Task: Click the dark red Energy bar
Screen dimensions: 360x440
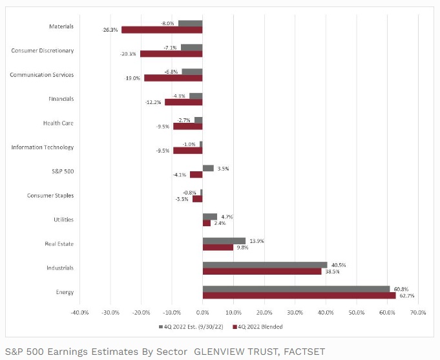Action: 299,295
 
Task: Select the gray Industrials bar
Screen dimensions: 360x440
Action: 265,264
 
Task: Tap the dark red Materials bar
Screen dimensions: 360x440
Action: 162,30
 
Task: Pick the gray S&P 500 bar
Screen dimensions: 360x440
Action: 208,168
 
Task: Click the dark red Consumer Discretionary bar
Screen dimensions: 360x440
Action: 171,54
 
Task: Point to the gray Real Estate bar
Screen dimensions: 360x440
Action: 224,240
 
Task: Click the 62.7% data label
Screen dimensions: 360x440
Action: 406,295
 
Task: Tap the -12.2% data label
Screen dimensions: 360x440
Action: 153,102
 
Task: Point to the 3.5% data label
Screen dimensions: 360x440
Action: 223,168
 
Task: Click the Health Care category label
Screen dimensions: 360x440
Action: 58,123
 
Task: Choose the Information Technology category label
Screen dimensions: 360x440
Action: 43,147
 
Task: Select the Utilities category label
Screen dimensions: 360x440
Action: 63,220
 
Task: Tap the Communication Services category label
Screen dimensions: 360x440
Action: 41,75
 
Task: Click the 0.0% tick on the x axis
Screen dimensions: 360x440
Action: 202,312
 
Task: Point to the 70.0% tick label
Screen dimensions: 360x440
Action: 418,312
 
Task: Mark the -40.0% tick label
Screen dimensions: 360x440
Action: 79,312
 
